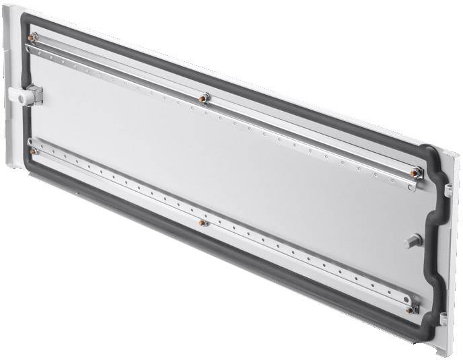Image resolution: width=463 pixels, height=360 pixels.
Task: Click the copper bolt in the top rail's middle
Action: coord(205,99)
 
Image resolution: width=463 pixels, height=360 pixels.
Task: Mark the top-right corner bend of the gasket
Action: coord(431,148)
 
